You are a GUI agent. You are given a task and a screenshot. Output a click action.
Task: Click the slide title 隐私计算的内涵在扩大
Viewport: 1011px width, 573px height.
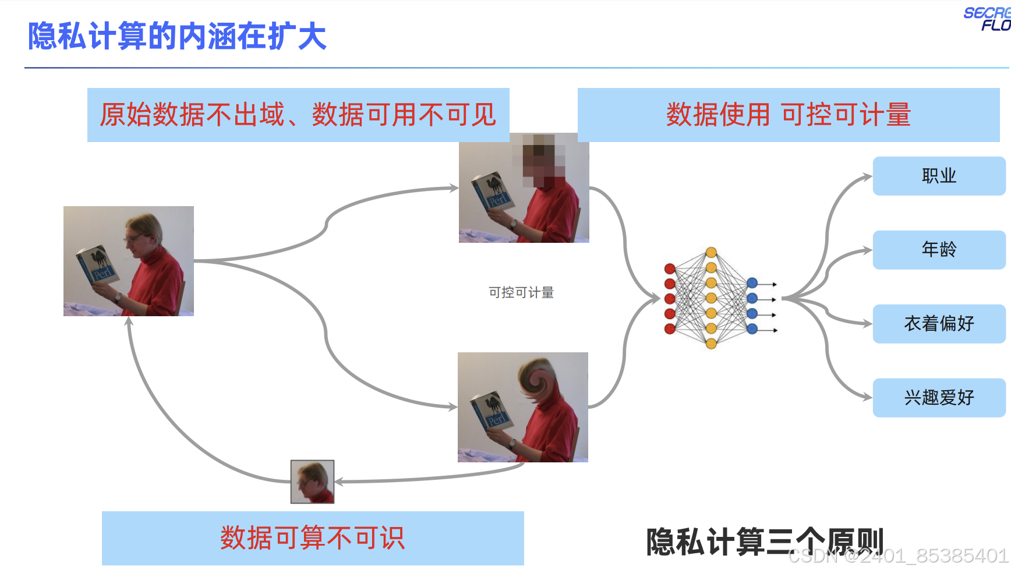tap(177, 36)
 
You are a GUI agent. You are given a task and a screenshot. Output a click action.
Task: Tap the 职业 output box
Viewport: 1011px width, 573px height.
tap(939, 176)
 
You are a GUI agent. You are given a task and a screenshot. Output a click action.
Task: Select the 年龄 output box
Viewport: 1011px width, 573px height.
tap(939, 250)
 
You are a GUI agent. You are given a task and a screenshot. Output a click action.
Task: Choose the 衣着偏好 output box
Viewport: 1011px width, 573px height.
tap(939, 324)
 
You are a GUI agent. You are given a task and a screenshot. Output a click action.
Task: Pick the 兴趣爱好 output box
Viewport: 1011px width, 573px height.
tap(939, 398)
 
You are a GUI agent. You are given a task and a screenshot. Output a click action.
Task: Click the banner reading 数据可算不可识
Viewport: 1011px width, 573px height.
tap(313, 538)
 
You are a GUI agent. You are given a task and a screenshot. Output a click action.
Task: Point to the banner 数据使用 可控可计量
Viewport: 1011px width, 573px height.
tap(789, 115)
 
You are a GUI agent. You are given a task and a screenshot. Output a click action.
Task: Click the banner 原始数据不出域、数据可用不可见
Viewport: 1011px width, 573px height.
tap(298, 115)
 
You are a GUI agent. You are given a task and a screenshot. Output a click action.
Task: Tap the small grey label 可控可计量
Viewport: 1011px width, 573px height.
tap(521, 292)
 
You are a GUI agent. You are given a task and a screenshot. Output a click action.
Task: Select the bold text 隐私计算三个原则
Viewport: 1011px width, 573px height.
tap(765, 542)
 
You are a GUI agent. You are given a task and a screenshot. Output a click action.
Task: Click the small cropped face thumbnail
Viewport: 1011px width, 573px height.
tap(313, 482)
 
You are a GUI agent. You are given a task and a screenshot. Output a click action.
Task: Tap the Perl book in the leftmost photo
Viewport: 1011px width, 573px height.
tap(97, 266)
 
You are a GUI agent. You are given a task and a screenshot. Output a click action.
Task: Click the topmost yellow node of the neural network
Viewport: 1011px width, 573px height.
tap(711, 253)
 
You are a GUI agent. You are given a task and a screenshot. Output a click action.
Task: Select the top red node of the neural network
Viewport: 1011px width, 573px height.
tap(670, 268)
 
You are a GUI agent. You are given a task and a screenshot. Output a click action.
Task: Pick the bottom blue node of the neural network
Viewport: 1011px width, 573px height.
tap(752, 329)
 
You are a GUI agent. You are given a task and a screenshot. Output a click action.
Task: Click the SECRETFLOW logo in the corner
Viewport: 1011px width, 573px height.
tap(988, 19)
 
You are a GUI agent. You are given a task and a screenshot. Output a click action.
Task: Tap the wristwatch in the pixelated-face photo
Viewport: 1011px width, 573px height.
tap(513, 223)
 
